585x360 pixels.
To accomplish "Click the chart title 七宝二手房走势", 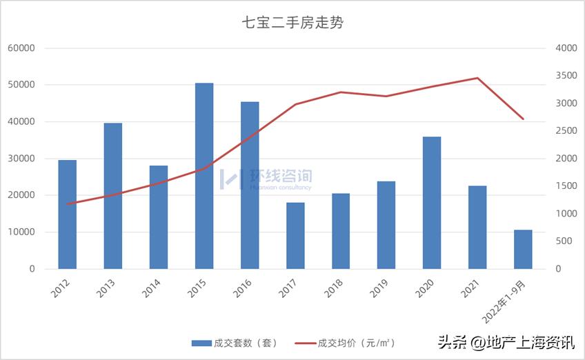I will coord(292,23).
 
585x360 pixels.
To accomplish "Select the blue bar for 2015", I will coord(204,176).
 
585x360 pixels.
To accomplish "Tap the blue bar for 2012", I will coord(68,214).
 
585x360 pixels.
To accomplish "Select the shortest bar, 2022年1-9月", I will coord(523,249).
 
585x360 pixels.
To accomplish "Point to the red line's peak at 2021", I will coord(477,78).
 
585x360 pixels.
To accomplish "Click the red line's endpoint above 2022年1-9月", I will coord(523,119).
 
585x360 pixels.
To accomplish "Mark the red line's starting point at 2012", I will coord(68,203).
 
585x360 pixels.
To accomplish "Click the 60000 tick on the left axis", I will coord(21,48).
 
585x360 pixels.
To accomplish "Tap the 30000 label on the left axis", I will coord(21,159).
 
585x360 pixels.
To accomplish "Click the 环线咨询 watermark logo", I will coord(266,179).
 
